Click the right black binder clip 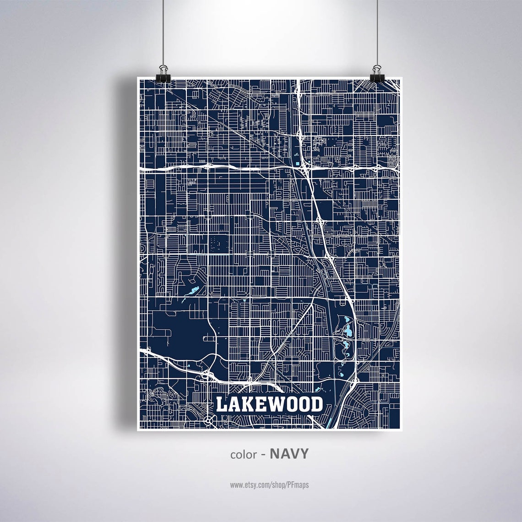tap(376, 72)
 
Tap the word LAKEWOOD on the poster tap(269, 404)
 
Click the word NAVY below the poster tap(289, 454)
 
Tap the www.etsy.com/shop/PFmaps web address tap(269, 484)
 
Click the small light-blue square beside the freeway tap(297, 163)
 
